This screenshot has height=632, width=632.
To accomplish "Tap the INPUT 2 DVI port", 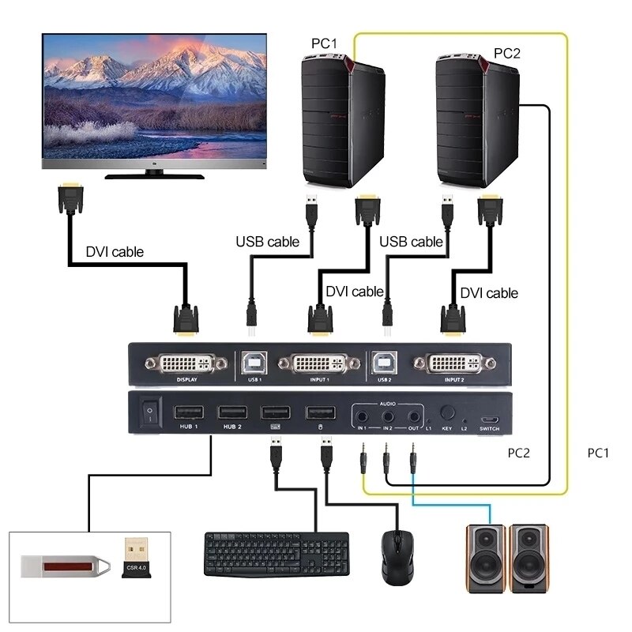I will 453,364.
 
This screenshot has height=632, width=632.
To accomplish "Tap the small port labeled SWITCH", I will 490,419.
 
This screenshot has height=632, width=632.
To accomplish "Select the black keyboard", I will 276,553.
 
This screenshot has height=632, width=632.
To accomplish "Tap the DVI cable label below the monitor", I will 115,253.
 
